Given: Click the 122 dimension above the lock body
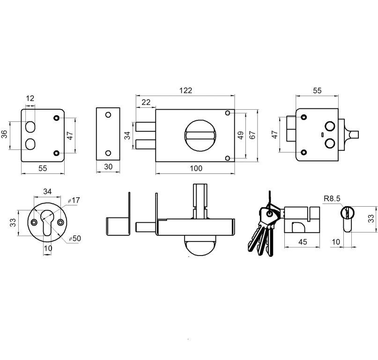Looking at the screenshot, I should (186, 90).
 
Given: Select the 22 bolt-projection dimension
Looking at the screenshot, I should (146, 102).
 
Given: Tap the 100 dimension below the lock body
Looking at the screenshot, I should (197, 168).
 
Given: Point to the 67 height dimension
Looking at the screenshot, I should (252, 135).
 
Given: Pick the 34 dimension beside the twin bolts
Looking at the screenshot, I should (127, 135).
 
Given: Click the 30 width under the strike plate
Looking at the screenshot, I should (108, 167).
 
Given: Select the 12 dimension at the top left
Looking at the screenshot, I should (30, 98).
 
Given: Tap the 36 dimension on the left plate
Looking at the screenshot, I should (4, 135).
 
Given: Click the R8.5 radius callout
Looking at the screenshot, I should (331, 198).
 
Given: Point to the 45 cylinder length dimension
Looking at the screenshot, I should (303, 242).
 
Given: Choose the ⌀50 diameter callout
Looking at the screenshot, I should (74, 239).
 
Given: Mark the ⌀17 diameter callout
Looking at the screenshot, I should (74, 200).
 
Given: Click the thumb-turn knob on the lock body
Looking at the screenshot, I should (200, 135).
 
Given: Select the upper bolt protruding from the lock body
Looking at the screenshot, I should (146, 127).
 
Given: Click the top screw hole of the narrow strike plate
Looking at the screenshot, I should (108, 114).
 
